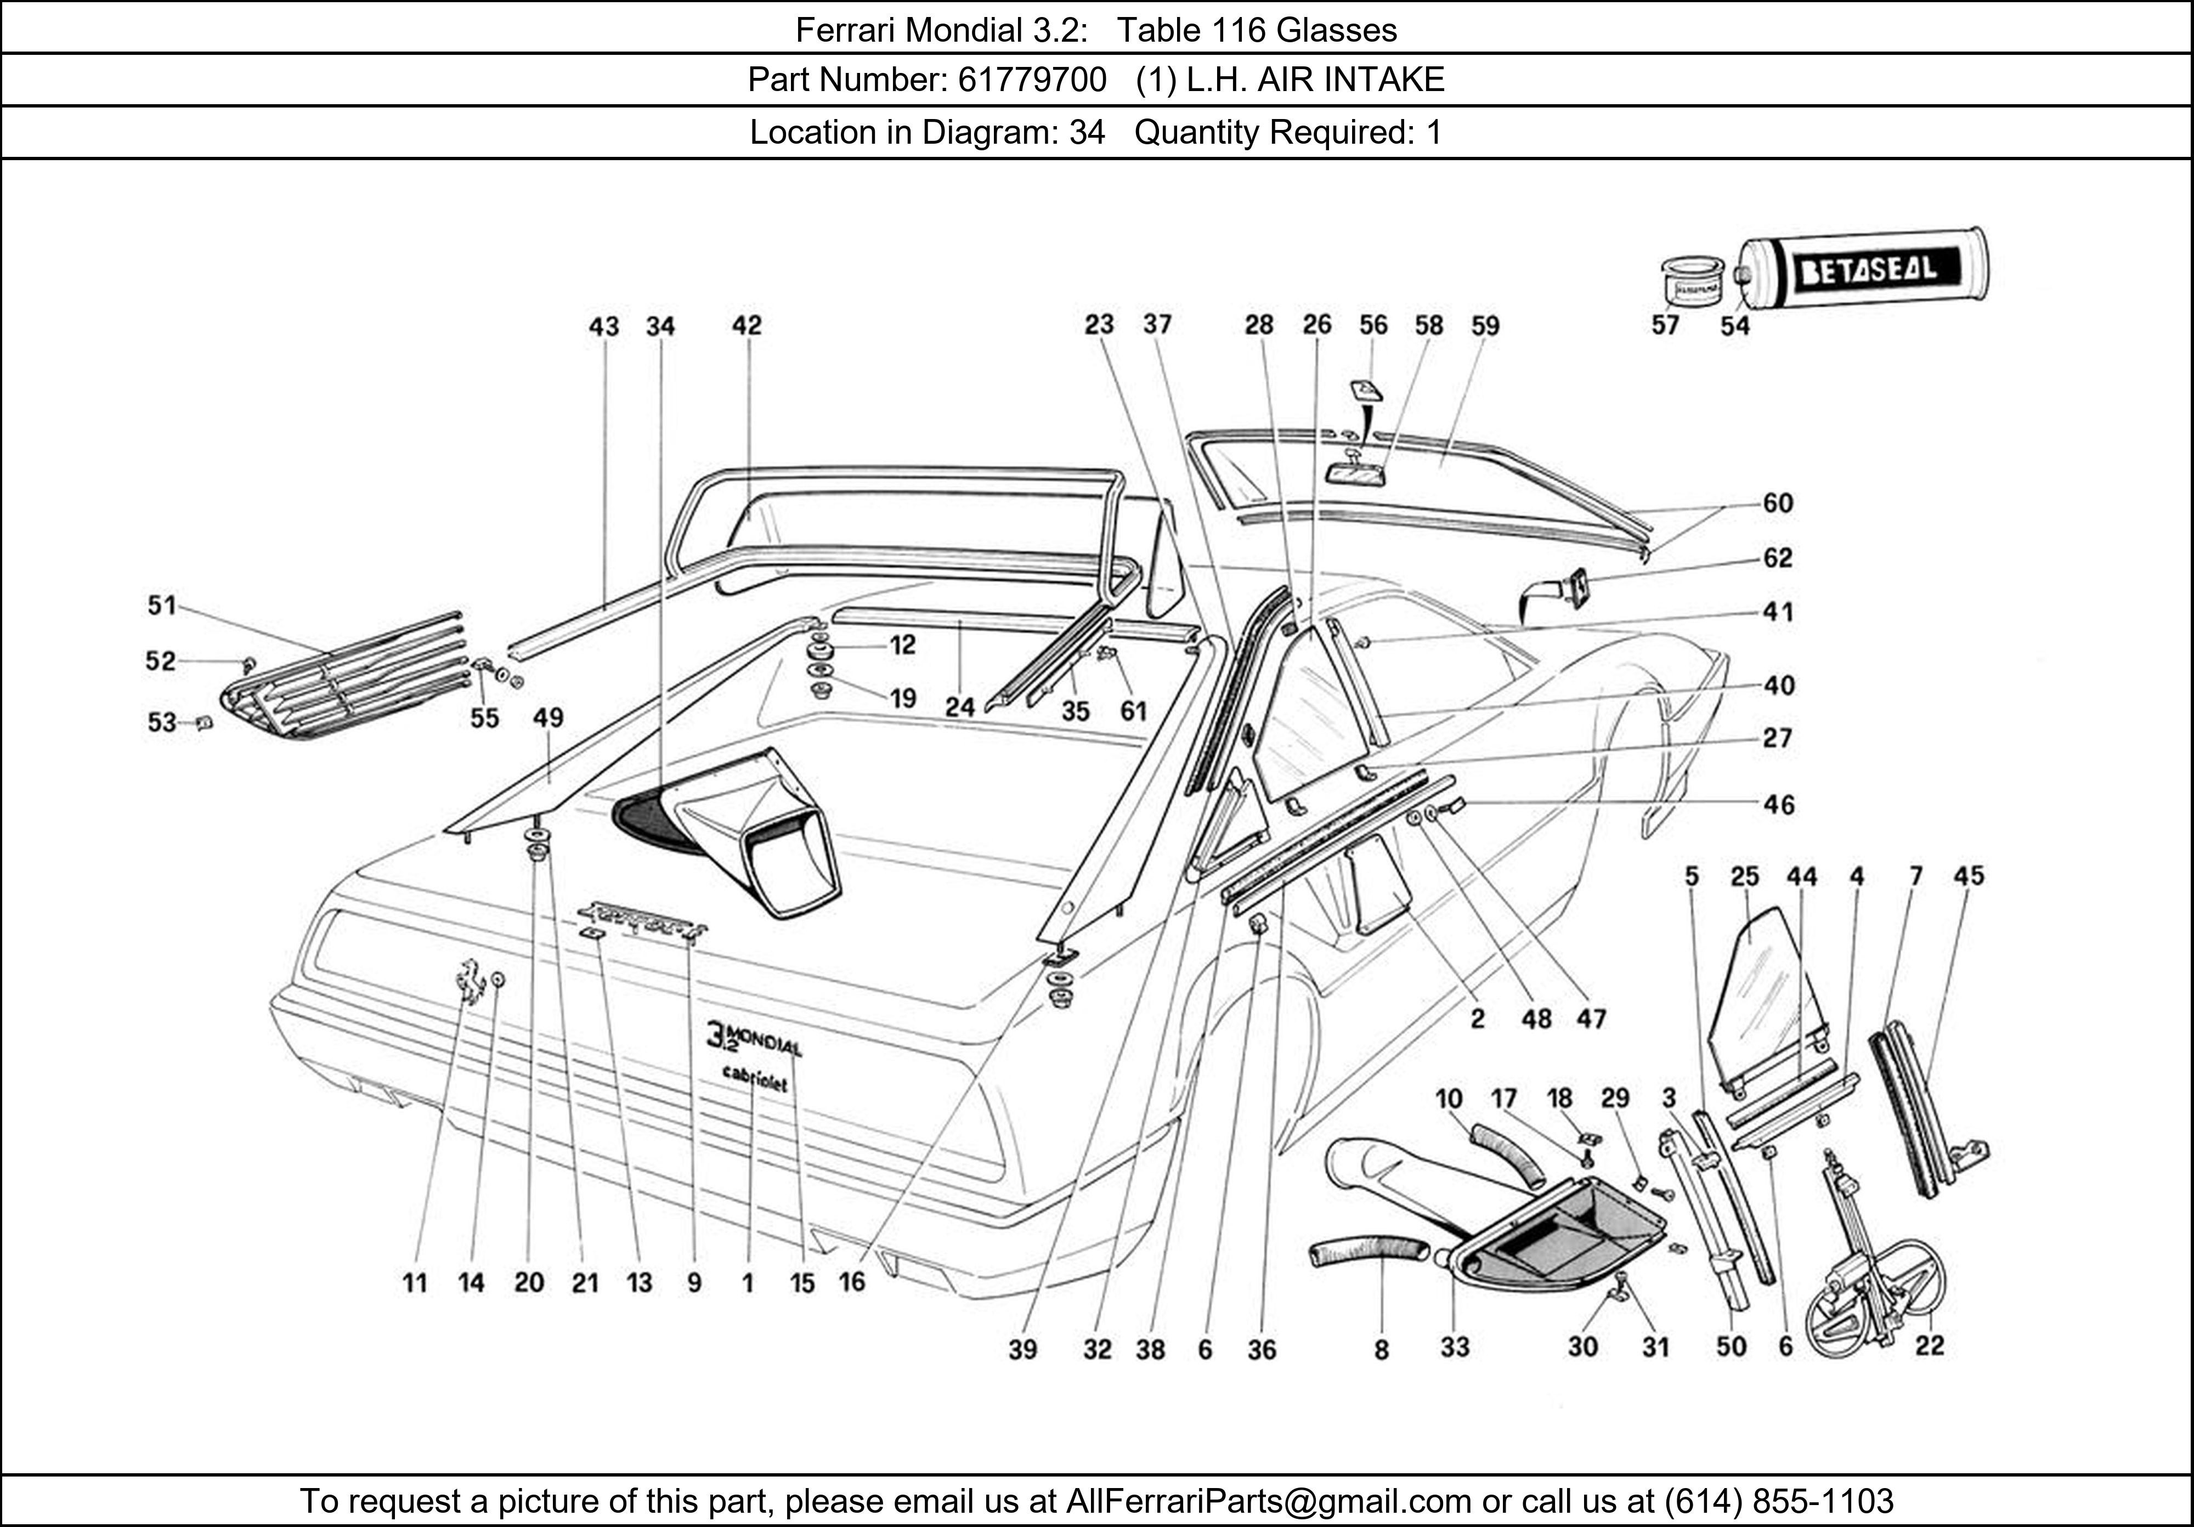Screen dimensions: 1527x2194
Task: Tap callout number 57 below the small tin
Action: (x=1665, y=326)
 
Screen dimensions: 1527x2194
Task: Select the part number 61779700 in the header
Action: (x=1032, y=80)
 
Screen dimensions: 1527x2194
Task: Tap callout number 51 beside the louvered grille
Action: (x=161, y=605)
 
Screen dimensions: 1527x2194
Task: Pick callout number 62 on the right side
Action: (x=1777, y=557)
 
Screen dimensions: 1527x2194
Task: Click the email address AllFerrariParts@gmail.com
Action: (x=1268, y=1501)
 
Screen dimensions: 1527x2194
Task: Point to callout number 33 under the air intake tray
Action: (x=1455, y=1347)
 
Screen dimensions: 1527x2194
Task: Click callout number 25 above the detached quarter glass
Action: (x=1745, y=876)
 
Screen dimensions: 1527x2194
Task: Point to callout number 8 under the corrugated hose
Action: (x=1381, y=1349)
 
